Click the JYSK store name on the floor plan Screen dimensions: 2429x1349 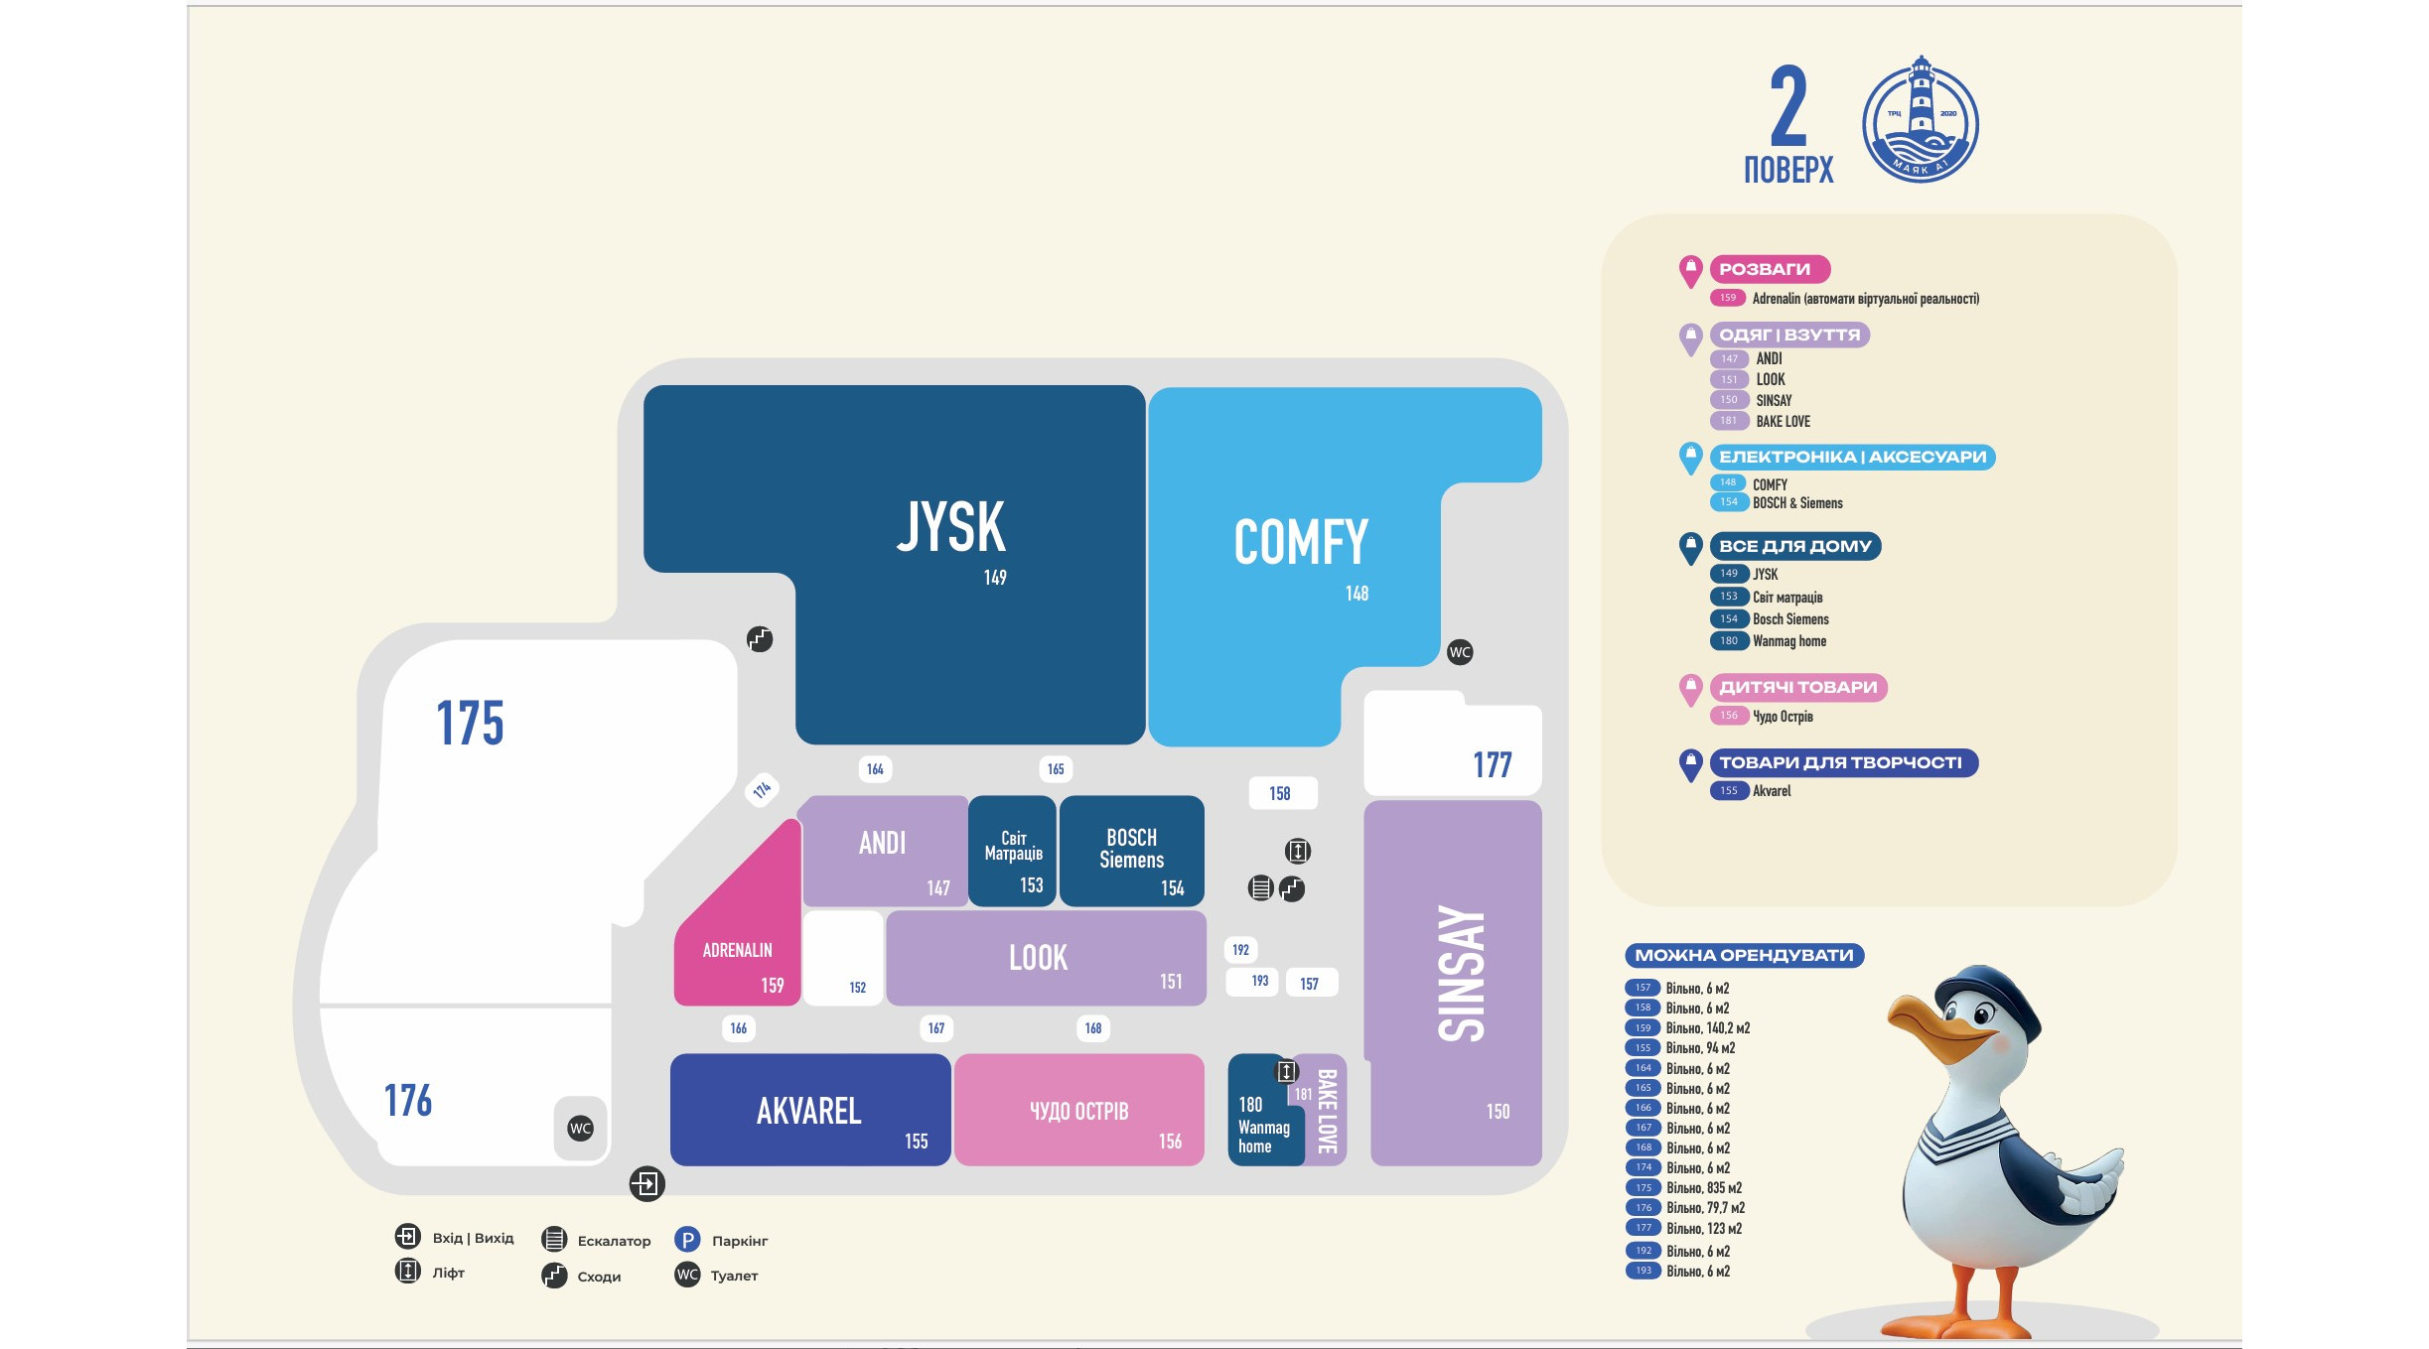pos(951,526)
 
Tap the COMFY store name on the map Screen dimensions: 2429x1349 pos(1301,542)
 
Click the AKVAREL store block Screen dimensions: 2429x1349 pos(810,1110)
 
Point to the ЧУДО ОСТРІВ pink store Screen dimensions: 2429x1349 pos(1079,1110)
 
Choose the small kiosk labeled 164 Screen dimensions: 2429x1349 pos(875,769)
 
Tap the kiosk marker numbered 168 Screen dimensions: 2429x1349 pos(1093,1028)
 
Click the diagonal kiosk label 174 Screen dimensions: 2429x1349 pos(762,790)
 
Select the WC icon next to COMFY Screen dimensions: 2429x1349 pos(1460,652)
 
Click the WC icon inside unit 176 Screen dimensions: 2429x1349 pos(581,1129)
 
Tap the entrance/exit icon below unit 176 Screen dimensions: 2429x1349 pos(646,1183)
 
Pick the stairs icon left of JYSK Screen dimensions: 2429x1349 pos(760,639)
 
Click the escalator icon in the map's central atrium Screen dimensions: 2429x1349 pos(1260,888)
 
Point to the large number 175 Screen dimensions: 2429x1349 pos(470,723)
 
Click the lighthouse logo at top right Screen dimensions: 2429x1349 pos(1921,119)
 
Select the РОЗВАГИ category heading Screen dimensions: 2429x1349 pos(1765,269)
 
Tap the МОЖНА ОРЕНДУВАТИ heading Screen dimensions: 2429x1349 pos(1745,956)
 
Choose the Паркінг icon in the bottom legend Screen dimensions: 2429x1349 pos(687,1240)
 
